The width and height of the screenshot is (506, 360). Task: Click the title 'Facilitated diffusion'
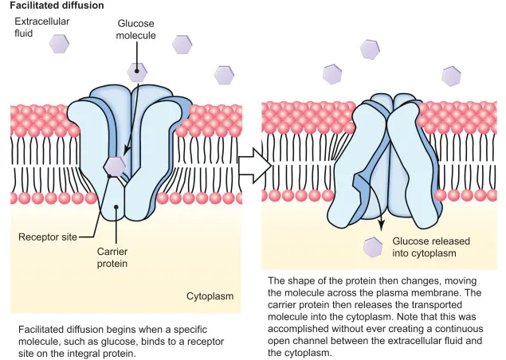tap(57, 6)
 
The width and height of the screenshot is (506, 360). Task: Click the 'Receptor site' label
tap(49, 237)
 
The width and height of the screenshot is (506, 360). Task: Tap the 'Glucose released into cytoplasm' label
tap(430, 247)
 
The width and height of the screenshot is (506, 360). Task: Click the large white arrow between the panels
tap(254, 164)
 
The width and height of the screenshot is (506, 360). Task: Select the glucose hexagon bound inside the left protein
tap(116, 166)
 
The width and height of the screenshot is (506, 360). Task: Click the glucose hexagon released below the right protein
tap(372, 247)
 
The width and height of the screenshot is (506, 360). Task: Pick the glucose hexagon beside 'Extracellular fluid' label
tap(60, 44)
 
